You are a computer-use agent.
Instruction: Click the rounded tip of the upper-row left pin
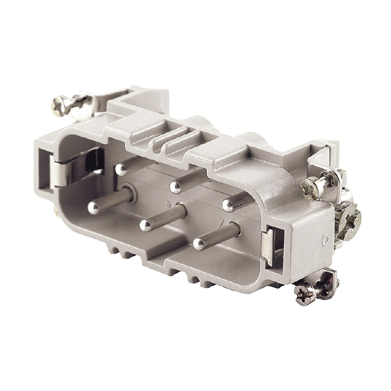point(120,169)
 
